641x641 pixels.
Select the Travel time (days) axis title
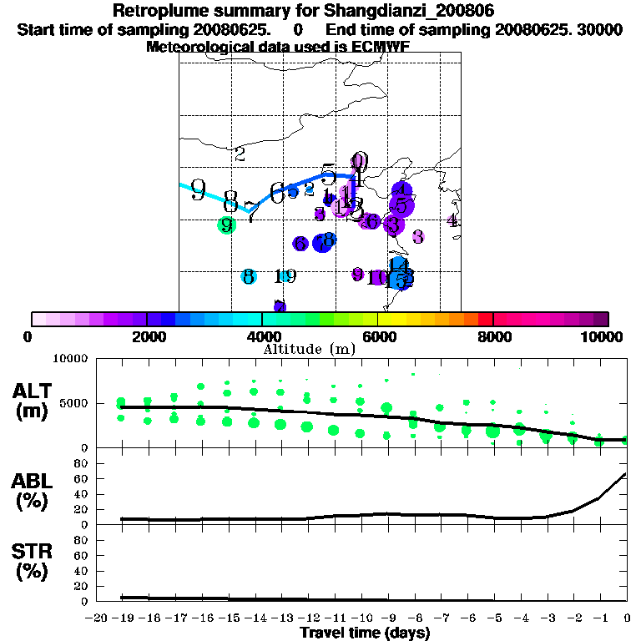coord(365,633)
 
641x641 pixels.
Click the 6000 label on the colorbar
coord(377,336)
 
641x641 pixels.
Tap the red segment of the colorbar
coord(484,319)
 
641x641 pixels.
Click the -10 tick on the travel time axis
coord(360,618)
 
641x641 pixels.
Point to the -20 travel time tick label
coord(98,618)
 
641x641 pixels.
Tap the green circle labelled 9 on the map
coord(226,225)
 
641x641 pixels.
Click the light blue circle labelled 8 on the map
coord(248,277)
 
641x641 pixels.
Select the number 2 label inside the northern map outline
coord(240,154)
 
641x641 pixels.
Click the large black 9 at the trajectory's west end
coord(198,189)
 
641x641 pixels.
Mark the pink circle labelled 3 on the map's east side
coord(418,237)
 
